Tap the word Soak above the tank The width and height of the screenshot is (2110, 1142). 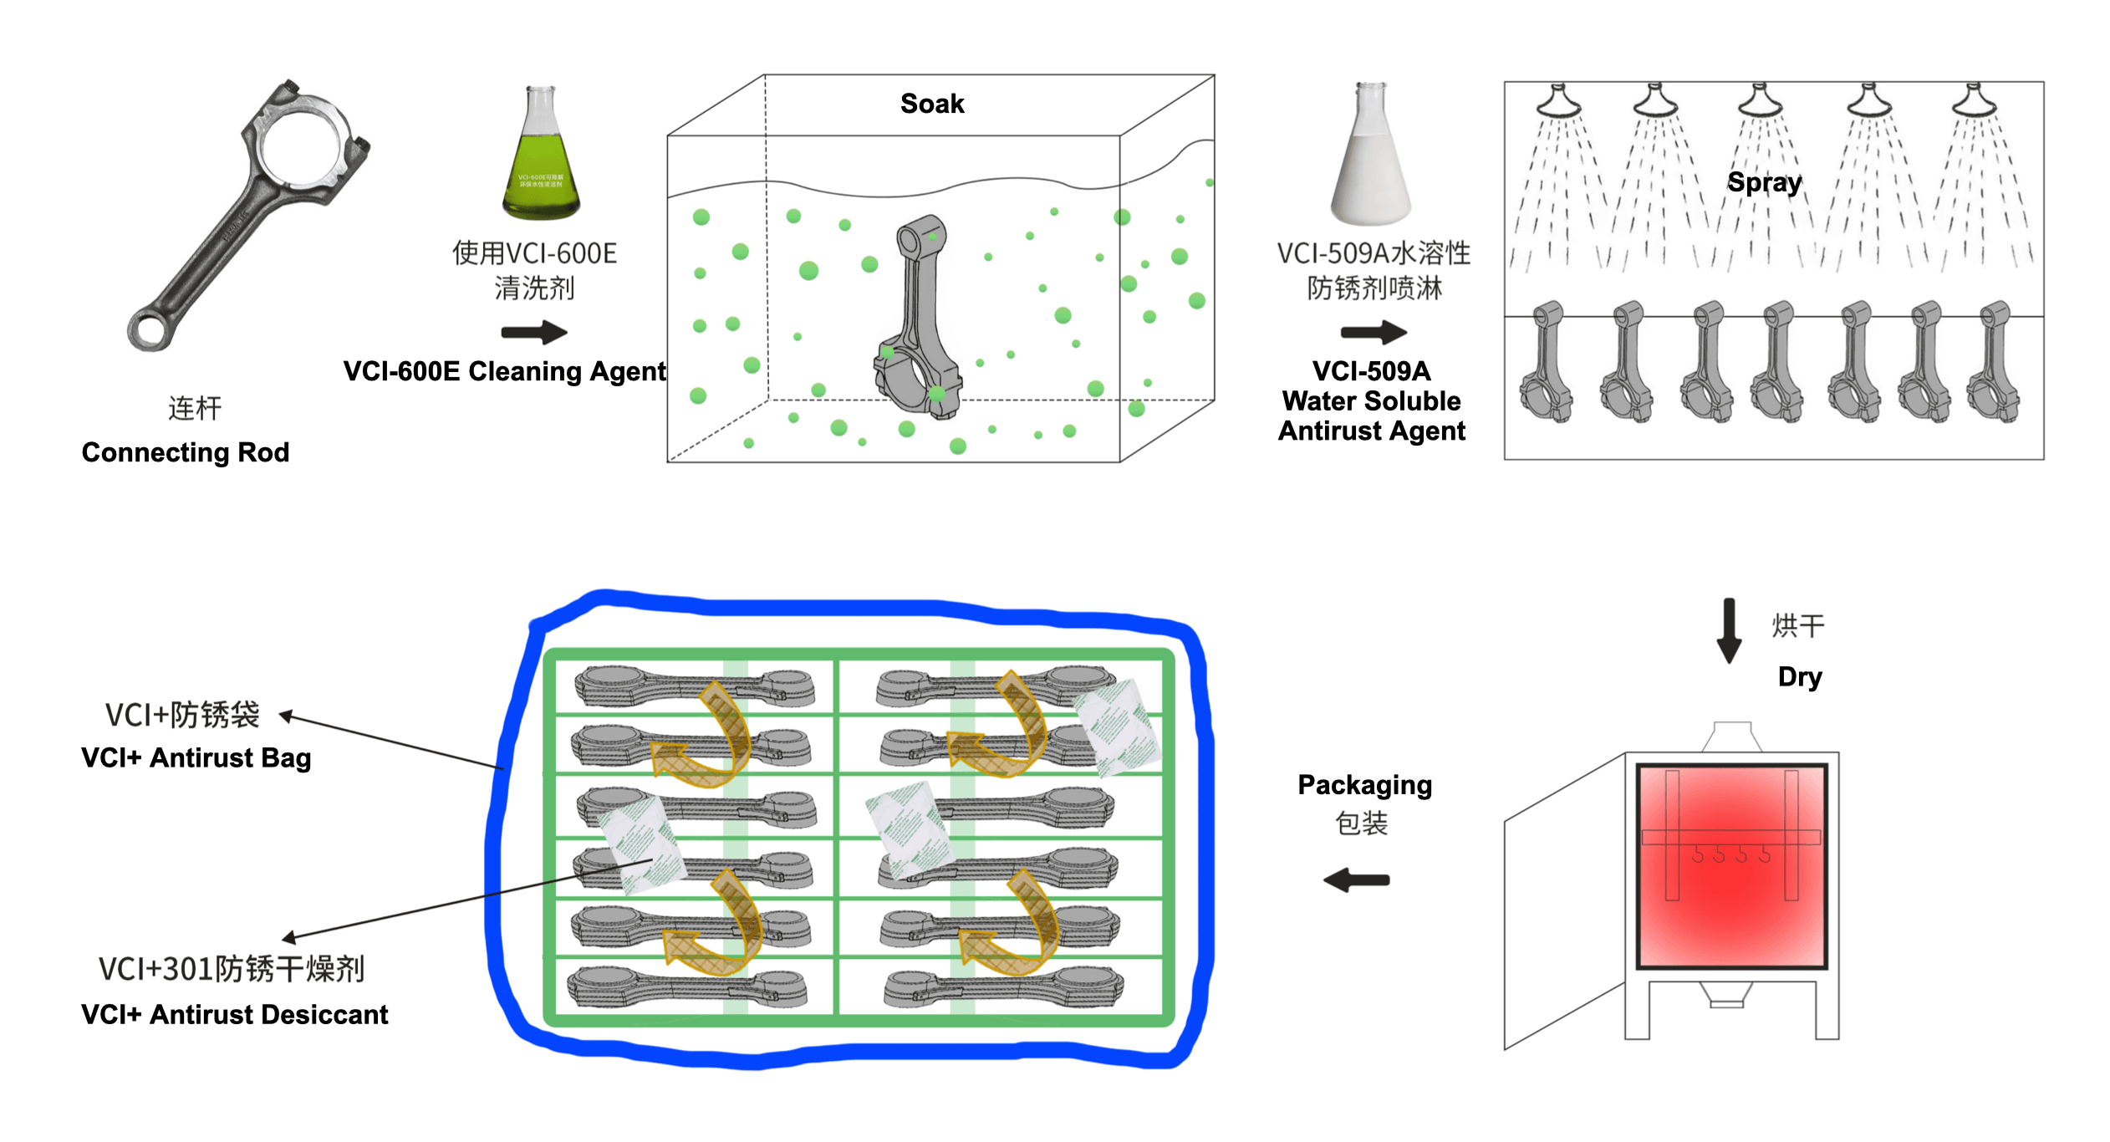(931, 104)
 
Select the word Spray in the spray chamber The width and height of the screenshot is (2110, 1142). (1764, 182)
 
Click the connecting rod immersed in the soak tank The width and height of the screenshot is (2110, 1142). (920, 318)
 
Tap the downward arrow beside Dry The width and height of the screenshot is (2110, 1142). (1729, 630)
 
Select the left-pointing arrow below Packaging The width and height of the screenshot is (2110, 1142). (1356, 879)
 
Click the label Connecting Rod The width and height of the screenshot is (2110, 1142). (186, 452)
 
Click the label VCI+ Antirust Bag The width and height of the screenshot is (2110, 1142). (196, 757)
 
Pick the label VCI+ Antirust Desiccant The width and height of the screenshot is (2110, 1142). (234, 1014)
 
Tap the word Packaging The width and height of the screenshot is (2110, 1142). (1364, 785)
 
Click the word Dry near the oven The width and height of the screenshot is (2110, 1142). (1799, 676)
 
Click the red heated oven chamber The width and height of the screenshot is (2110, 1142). (1731, 866)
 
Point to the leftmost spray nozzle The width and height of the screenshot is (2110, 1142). (1557, 102)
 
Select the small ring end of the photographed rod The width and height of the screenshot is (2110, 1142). (150, 329)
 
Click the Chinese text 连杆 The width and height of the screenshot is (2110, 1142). (195, 409)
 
